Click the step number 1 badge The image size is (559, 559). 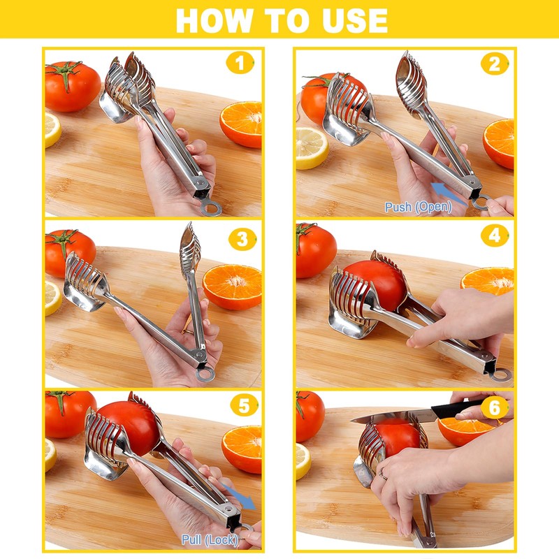(x=240, y=63)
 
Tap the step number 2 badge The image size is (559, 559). (x=495, y=64)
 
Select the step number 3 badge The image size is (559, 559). (x=242, y=239)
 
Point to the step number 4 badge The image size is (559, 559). (x=495, y=235)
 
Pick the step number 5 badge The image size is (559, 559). (x=244, y=405)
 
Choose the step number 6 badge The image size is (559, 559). (x=495, y=407)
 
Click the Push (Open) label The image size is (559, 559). (x=418, y=207)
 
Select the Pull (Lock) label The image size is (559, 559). (x=210, y=539)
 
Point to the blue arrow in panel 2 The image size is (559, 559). (x=449, y=193)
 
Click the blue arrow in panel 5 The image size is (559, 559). (x=238, y=496)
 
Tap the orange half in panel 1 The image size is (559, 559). (x=241, y=124)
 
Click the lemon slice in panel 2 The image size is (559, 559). (x=311, y=148)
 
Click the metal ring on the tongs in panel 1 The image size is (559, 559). (x=211, y=208)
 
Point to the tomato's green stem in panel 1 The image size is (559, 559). (x=64, y=73)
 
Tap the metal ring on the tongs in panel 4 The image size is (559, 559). (x=501, y=375)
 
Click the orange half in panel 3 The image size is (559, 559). (x=232, y=286)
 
